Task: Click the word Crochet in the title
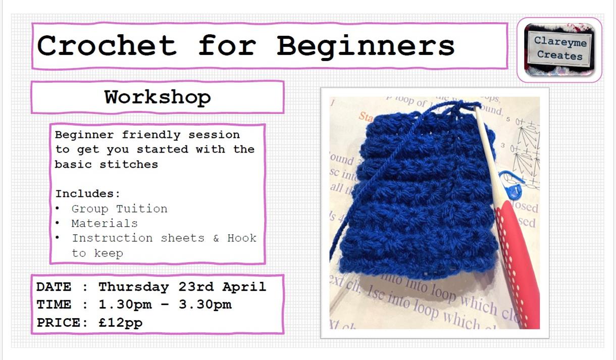point(107,45)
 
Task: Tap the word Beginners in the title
point(366,45)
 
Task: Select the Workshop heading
point(158,97)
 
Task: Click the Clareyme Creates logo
point(559,49)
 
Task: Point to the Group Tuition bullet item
point(119,209)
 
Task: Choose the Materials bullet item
point(104,223)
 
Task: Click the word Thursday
point(133,287)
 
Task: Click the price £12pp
point(121,323)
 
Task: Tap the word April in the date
point(244,287)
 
